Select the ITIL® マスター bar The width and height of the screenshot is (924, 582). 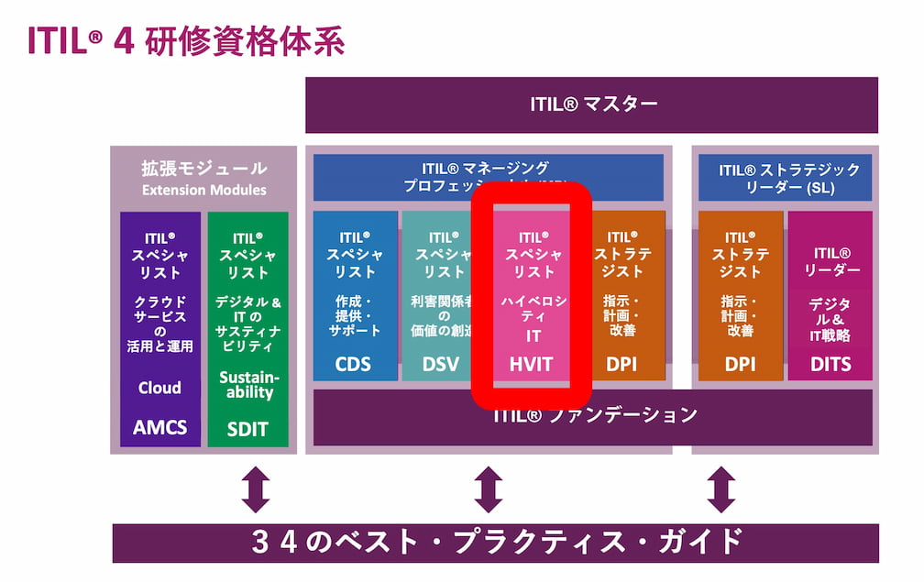591,104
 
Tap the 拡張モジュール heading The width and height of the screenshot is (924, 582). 203,169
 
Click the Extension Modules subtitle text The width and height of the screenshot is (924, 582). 203,190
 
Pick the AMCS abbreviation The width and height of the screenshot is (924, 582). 159,427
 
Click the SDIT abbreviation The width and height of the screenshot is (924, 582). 247,428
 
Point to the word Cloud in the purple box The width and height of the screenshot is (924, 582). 159,387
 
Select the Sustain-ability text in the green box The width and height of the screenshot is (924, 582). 247,385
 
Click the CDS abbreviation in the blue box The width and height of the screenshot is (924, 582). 354,364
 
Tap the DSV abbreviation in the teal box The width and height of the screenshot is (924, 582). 441,364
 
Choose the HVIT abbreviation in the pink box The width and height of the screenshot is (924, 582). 532,364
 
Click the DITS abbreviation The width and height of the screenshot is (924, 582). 830,364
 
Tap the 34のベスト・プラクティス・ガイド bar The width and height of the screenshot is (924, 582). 495,543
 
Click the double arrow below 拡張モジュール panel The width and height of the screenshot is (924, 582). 255,489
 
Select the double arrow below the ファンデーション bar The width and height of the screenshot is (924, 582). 488,489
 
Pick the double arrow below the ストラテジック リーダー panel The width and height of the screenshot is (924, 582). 720,489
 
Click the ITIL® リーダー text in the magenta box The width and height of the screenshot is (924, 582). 830,261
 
